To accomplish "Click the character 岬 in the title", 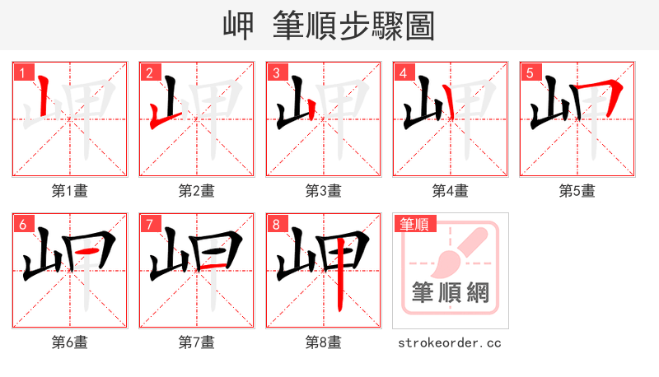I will pos(239,26).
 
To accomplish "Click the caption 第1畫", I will pos(70,191).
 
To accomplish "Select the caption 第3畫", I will pos(324,191).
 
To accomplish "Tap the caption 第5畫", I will pos(577,191).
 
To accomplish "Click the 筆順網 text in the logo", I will pos(450,293).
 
